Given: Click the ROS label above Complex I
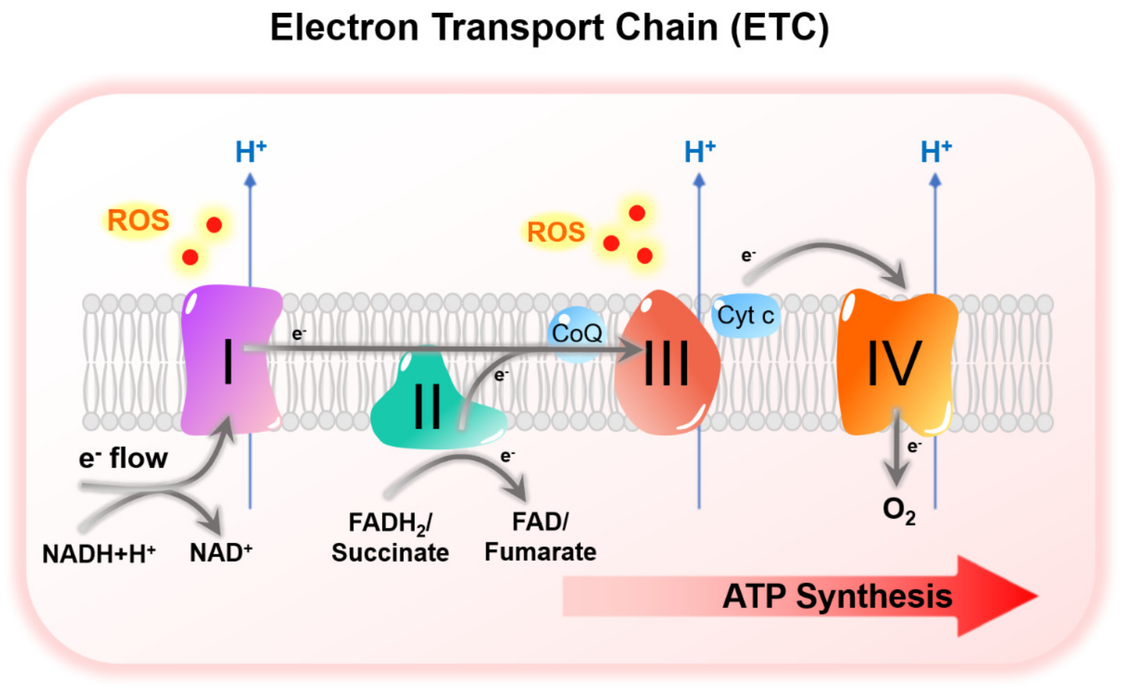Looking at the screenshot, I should point(138,221).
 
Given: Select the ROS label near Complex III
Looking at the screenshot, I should point(556,232).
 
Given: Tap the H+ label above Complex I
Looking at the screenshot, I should point(250,152).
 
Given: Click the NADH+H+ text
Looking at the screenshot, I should point(98,554).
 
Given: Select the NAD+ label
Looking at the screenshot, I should point(220,553).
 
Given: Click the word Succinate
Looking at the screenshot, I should point(390,553).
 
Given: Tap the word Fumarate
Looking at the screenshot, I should point(540,552).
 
